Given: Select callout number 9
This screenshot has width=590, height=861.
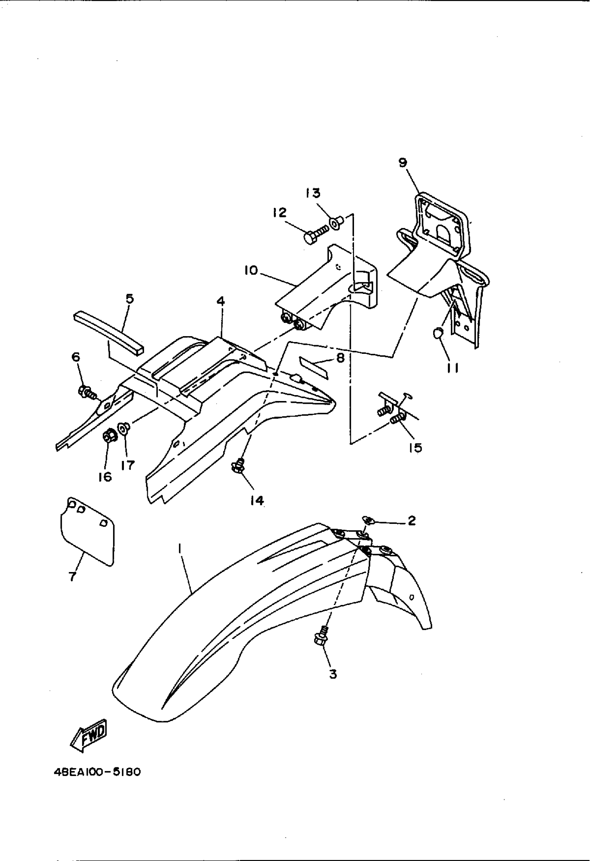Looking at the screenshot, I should pos(403,162).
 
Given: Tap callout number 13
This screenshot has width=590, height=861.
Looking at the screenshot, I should pos(313,193).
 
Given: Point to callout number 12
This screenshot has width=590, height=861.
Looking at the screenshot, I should pos(280,213).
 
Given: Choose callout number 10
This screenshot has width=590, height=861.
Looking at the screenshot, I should pos(251,271).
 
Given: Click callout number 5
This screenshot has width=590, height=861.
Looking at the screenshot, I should pos(130,299).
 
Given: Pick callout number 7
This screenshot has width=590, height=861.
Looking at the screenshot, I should pos(72,576).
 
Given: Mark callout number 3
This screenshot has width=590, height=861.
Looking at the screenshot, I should pos(333,674).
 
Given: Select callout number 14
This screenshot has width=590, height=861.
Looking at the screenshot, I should pos(257,501).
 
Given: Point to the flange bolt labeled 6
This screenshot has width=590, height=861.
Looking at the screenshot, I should pos(87,392).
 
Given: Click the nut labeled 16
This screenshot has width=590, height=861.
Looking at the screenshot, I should pos(109,436).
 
